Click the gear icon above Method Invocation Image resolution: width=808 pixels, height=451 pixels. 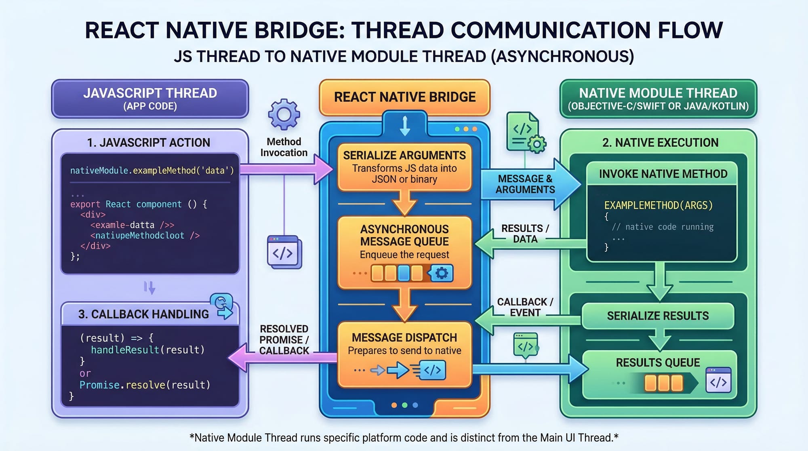point(284,114)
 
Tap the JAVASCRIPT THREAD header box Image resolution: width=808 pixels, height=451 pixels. point(150,99)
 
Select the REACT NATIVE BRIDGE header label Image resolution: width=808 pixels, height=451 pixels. point(404,97)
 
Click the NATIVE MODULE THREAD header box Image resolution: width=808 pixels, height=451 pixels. point(658,99)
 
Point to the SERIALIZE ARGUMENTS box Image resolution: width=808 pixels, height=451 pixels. point(404,167)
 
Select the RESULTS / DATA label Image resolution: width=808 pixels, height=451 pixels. point(525,234)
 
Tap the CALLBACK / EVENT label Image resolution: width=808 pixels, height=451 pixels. point(525,307)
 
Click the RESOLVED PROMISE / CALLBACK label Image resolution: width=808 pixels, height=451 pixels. point(284,340)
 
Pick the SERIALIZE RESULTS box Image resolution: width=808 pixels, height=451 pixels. point(658,316)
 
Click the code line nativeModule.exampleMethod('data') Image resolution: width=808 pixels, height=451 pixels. point(152,171)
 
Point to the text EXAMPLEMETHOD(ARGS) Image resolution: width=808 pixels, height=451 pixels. point(658,205)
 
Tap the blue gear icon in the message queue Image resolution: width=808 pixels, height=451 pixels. point(441,273)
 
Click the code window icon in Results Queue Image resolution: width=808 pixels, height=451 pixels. point(718,380)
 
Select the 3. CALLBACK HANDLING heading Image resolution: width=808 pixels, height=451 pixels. point(143,314)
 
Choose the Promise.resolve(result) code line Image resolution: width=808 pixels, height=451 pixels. point(145,385)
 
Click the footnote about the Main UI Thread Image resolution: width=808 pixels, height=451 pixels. point(404,438)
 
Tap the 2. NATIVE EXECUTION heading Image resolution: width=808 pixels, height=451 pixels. point(660,143)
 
